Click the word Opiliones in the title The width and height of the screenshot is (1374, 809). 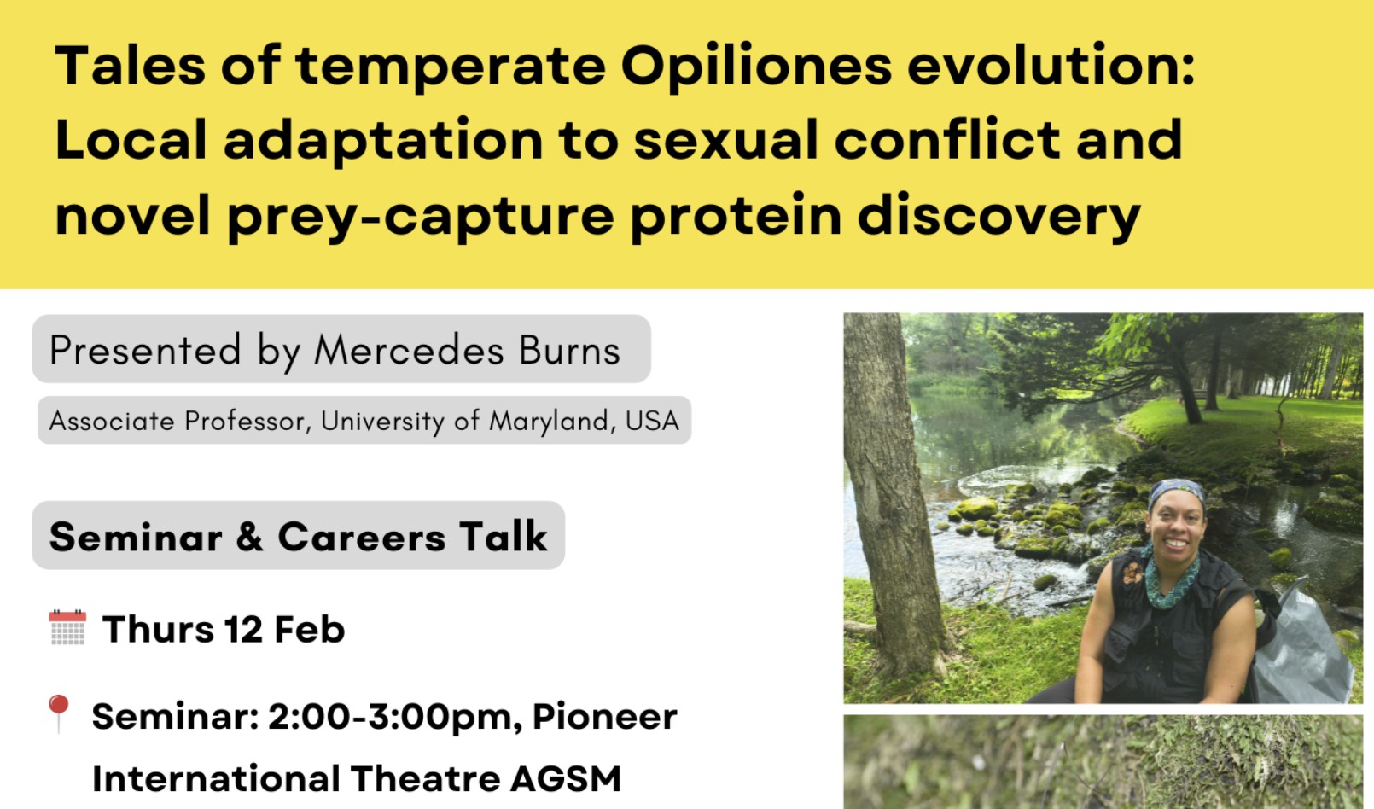click(756, 67)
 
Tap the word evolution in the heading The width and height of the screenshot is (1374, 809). click(1051, 66)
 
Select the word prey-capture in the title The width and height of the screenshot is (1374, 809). click(421, 217)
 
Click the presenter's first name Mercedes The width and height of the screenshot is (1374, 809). click(409, 350)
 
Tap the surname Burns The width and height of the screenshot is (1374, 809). click(570, 350)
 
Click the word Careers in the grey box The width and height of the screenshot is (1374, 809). click(361, 537)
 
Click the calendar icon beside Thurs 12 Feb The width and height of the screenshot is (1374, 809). click(67, 627)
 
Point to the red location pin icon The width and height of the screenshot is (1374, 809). click(58, 713)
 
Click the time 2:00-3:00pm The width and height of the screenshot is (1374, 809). click(390, 716)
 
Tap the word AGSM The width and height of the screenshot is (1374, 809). click(566, 778)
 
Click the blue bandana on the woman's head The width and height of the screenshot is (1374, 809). click(1176, 492)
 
